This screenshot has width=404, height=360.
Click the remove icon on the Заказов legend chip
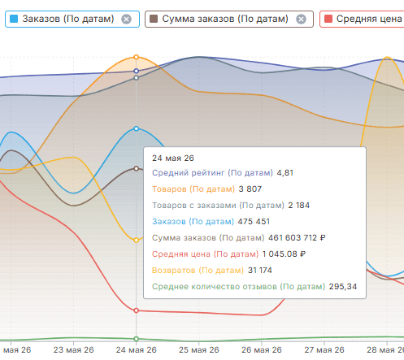click(x=126, y=20)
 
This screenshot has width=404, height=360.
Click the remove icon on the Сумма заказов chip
click(x=301, y=20)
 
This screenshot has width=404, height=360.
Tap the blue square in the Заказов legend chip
click(x=14, y=19)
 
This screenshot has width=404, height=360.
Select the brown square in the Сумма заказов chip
click(x=154, y=19)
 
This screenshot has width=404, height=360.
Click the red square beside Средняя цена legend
click(x=328, y=19)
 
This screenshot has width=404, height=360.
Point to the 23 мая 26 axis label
click(x=73, y=349)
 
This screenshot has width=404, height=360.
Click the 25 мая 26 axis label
click(x=199, y=349)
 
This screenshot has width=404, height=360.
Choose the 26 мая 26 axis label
click(x=262, y=349)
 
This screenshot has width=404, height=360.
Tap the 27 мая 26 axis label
click(x=324, y=349)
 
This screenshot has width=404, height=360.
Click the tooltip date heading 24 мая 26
click(x=173, y=158)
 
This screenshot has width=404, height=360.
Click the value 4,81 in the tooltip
click(x=285, y=173)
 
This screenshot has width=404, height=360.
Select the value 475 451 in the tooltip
click(x=254, y=222)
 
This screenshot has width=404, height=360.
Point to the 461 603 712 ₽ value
click(x=297, y=238)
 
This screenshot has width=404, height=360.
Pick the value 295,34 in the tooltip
click(x=343, y=287)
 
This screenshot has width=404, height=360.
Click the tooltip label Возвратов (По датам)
click(x=198, y=271)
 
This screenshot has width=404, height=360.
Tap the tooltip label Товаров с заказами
click(x=194, y=206)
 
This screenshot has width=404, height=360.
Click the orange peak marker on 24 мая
click(x=137, y=57)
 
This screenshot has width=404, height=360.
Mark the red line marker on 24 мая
click(x=137, y=310)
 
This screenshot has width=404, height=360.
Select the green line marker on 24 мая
click(x=137, y=339)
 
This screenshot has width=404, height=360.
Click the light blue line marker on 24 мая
click(x=137, y=128)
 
